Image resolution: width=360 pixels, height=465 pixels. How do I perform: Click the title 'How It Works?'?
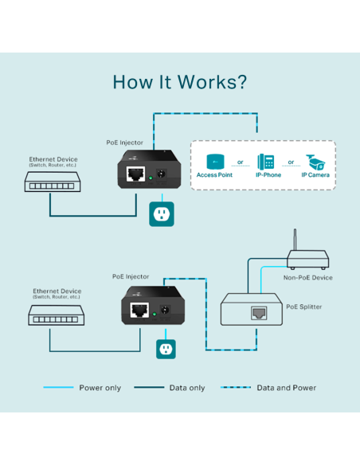[x=179, y=82]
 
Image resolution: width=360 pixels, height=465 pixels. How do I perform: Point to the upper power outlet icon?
[x=162, y=213]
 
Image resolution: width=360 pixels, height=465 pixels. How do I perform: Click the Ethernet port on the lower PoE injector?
[x=139, y=312]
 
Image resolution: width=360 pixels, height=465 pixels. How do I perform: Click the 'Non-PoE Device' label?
[x=307, y=277]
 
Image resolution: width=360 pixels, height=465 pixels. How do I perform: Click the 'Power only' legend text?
[x=100, y=388]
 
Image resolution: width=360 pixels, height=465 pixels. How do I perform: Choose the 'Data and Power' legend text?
[x=286, y=388]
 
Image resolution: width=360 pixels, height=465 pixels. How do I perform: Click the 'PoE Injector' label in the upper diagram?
[x=125, y=143]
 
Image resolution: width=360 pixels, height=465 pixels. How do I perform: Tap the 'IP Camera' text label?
[x=317, y=174]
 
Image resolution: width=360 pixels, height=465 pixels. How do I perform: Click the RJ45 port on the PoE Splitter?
[x=259, y=312]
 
